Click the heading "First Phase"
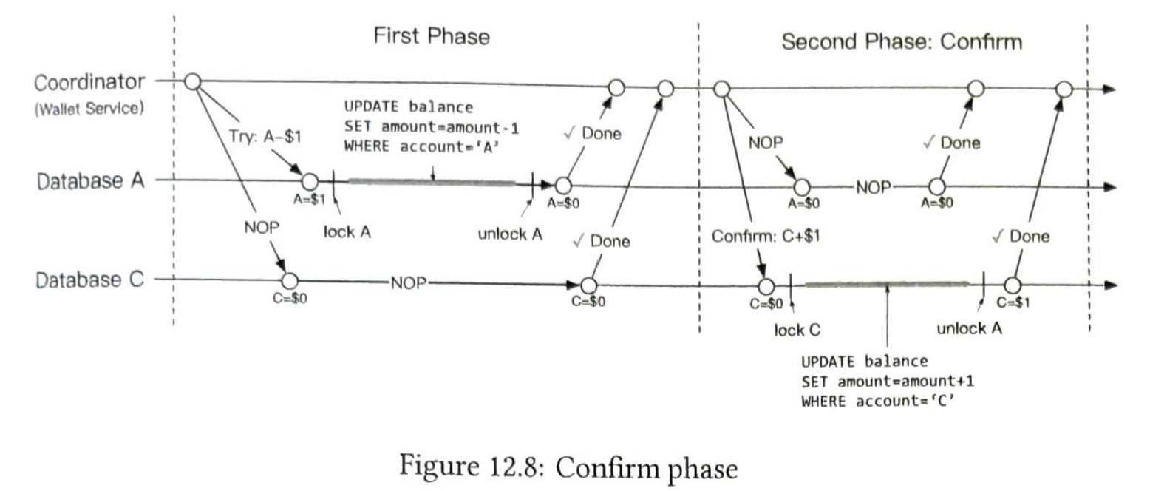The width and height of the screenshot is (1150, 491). tap(432, 36)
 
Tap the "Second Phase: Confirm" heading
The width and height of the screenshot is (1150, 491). tap(902, 41)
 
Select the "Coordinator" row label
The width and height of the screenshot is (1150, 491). tap(89, 82)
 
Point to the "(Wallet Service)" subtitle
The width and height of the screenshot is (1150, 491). tap(89, 109)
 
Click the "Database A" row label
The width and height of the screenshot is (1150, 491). tap(90, 180)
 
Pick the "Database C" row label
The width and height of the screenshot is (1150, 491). tap(89, 280)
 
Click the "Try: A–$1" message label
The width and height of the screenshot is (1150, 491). tap(265, 137)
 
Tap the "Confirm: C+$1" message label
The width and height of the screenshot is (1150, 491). tap(766, 236)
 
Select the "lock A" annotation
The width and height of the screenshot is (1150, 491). tap(347, 232)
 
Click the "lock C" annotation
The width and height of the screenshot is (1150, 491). tap(797, 330)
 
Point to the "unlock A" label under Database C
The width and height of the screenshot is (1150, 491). tap(969, 328)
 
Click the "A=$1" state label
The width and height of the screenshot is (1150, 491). tap(309, 199)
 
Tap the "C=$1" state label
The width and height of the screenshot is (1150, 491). tap(1013, 302)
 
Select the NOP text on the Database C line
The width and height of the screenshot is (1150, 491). tap(409, 283)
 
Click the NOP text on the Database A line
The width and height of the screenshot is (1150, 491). tap(873, 188)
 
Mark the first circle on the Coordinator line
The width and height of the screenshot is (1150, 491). tap(192, 81)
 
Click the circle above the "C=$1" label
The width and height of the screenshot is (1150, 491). tap(1013, 285)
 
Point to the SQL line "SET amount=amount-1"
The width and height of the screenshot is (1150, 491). tap(432, 127)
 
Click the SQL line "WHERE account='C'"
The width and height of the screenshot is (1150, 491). tap(878, 401)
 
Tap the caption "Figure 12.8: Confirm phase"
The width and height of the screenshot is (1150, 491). tap(568, 467)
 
